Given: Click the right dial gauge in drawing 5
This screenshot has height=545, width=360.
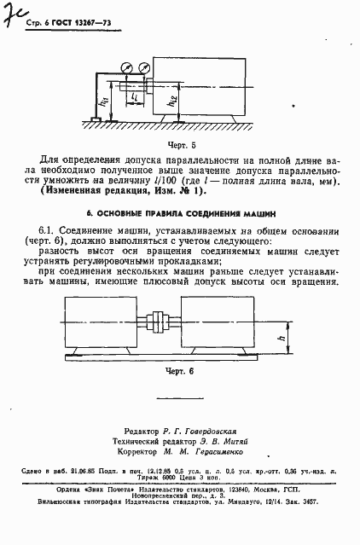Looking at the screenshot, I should pyautogui.click(x=139, y=65).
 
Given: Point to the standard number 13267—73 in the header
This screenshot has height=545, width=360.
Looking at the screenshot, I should pyautogui.click(x=83, y=21).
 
